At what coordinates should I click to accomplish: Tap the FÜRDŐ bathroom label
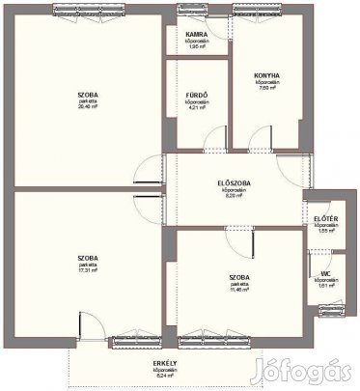tap(198, 95)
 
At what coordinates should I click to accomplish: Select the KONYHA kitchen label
tap(267, 74)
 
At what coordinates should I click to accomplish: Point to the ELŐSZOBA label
tap(228, 183)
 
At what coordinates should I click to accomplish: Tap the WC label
tap(327, 273)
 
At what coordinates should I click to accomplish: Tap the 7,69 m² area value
tap(267, 88)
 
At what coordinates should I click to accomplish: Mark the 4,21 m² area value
tap(198, 107)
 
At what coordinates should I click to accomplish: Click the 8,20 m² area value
tap(228, 196)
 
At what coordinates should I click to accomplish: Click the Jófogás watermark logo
tap(324, 372)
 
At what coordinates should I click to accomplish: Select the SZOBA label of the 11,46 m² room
tap(239, 276)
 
